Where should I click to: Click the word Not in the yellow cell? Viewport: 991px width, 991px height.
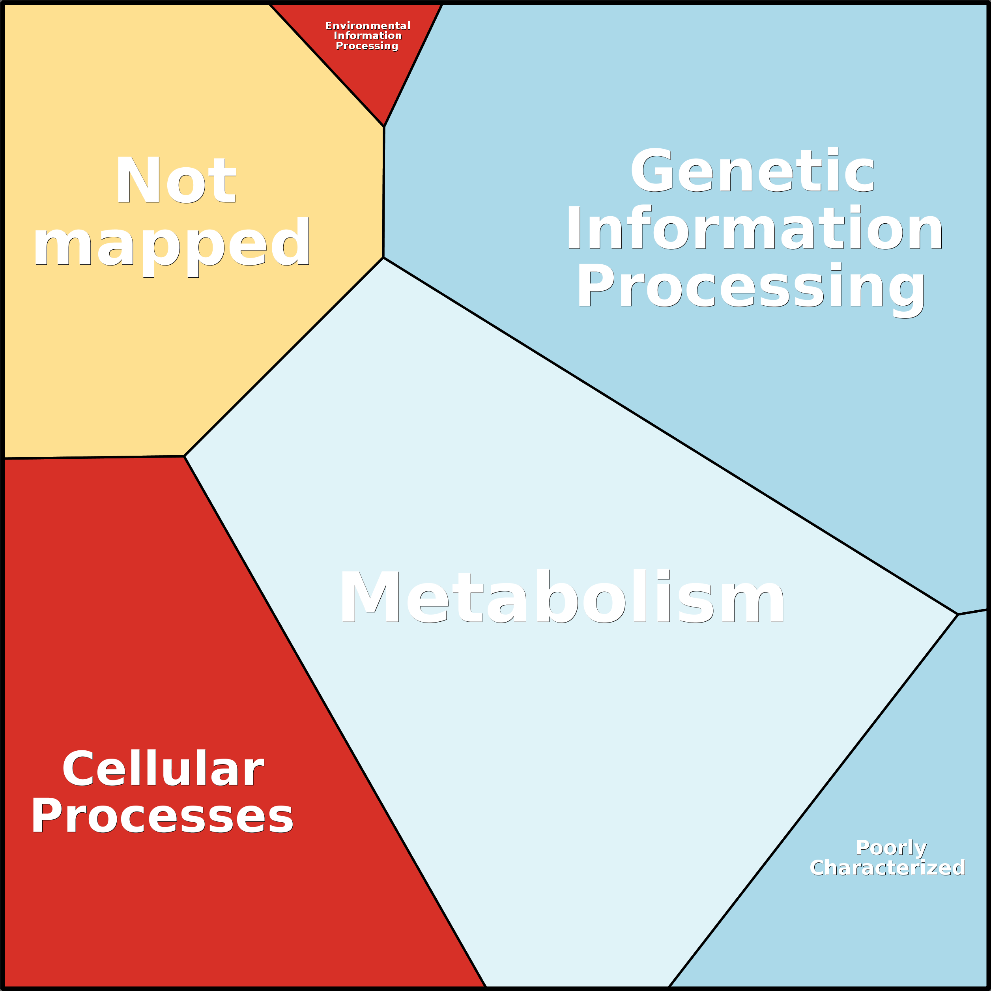click(x=176, y=180)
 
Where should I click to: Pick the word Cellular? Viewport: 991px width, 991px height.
click(x=163, y=768)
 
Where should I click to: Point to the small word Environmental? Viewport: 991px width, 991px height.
click(x=368, y=26)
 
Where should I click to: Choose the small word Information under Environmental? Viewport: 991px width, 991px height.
click(x=367, y=36)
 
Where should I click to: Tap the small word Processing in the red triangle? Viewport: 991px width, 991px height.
click(x=367, y=46)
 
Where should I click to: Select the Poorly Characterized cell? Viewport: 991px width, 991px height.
click(x=872, y=821)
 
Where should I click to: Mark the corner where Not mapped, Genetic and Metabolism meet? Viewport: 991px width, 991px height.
click(x=383, y=258)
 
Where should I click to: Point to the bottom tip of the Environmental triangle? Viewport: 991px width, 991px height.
click(x=384, y=126)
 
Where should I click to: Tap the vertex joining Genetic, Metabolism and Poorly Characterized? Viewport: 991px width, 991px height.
click(x=957, y=614)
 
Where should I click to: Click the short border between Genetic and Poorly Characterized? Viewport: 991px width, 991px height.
click(x=972, y=611)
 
